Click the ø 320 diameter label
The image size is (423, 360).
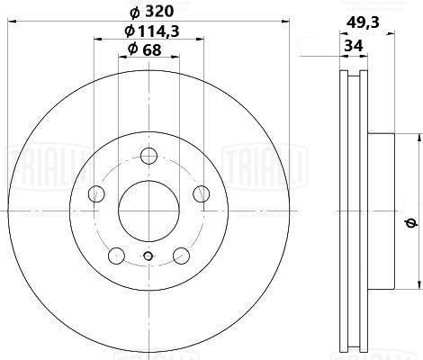[x=152, y=12]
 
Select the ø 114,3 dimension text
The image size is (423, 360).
[x=152, y=31]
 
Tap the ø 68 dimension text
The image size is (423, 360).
[x=145, y=49]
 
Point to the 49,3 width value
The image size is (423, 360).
[x=363, y=22]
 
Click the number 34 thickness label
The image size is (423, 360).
[x=354, y=46]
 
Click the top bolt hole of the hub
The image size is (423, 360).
[x=149, y=156]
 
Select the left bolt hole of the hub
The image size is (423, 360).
[x=96, y=193]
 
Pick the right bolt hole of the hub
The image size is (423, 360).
[x=202, y=193]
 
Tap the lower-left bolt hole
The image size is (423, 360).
[x=116, y=256]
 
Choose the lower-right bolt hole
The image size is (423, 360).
[x=182, y=256]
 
